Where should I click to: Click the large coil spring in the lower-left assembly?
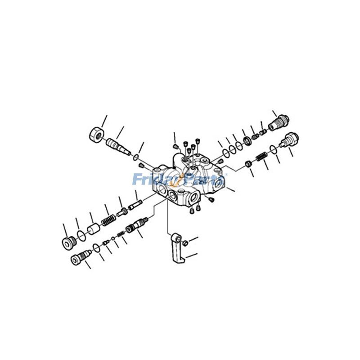[x=108, y=220]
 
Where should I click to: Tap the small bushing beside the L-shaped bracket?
[x=184, y=243]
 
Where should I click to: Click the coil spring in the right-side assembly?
[x=261, y=157]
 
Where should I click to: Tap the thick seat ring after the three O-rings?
[x=247, y=141]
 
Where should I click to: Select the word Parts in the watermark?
[x=202, y=180]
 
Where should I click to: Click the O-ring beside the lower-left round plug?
[x=80, y=234]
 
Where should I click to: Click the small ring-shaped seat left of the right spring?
[x=247, y=163]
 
